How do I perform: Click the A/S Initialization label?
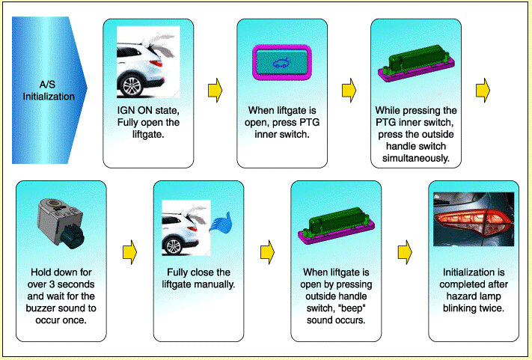(x=49, y=91)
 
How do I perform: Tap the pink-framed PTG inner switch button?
(x=281, y=63)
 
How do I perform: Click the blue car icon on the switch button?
(x=281, y=62)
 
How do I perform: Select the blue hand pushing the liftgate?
(x=221, y=223)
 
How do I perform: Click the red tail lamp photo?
(x=474, y=219)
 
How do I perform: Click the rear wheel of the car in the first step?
(x=132, y=86)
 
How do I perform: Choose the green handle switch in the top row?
(x=416, y=63)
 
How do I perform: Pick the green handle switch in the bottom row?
(x=336, y=225)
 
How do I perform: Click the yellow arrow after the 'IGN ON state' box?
(x=215, y=91)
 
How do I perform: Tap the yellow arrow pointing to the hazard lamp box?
(x=405, y=252)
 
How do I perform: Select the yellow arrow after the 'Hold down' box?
(x=130, y=252)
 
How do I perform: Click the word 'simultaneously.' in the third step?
(x=416, y=159)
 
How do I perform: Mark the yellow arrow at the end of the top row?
(x=483, y=91)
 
